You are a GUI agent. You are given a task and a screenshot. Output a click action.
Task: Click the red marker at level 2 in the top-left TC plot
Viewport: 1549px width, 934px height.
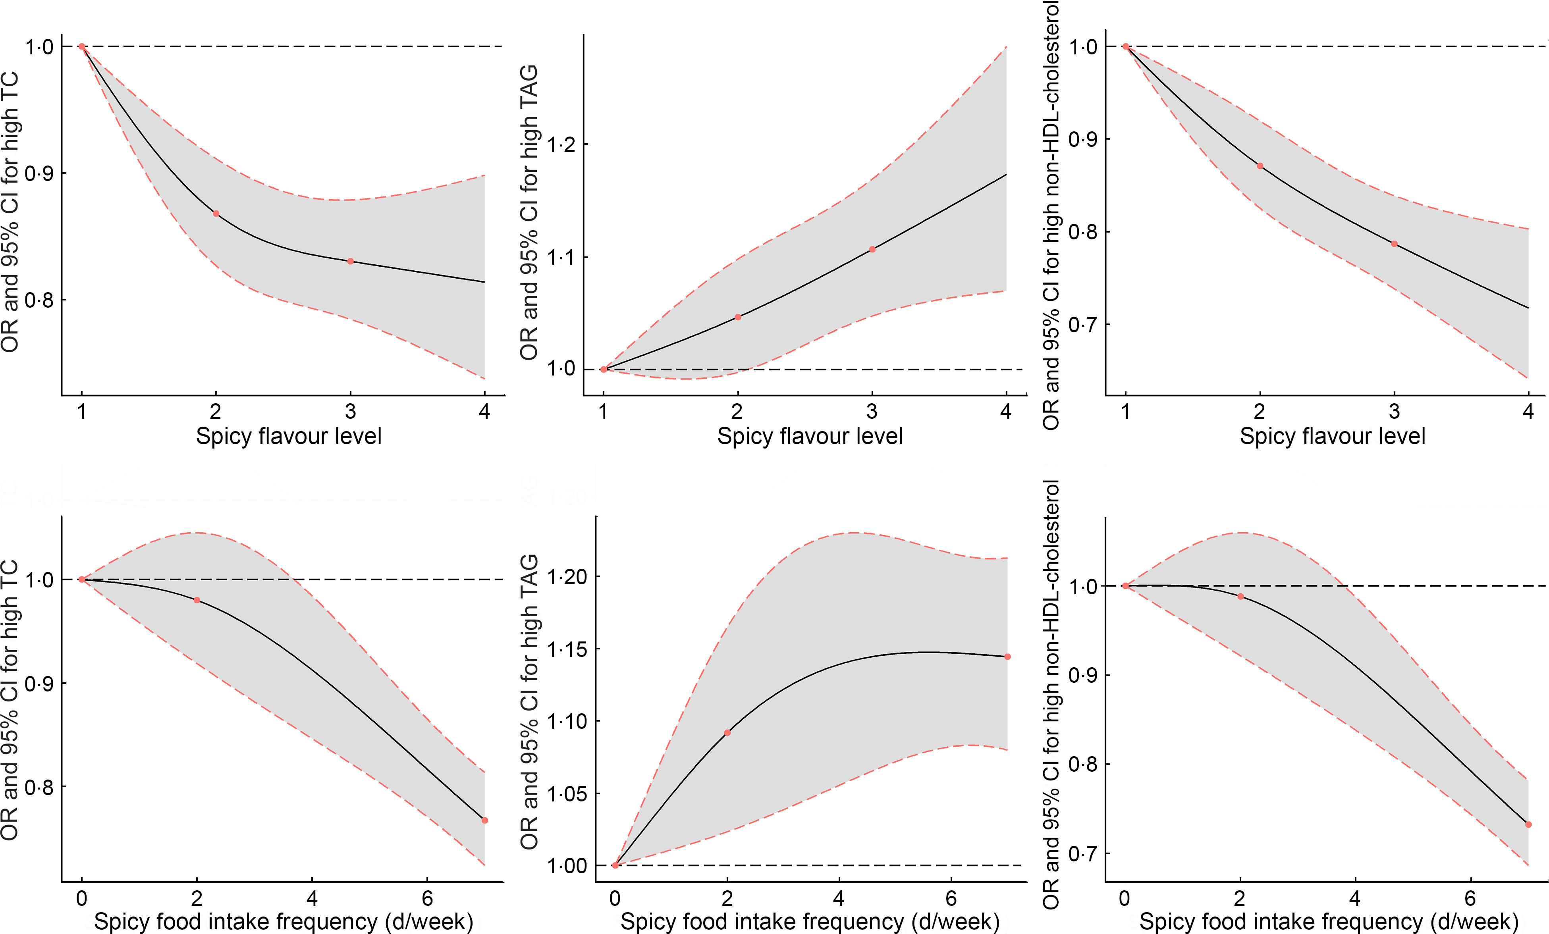[x=216, y=214]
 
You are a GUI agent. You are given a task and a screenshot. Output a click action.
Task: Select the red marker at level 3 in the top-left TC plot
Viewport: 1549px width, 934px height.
[x=350, y=262]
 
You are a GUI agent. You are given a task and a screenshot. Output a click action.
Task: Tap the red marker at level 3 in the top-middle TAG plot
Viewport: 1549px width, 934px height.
[x=872, y=250]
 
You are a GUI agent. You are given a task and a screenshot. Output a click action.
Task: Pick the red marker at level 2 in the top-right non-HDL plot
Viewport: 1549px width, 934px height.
[x=1260, y=166]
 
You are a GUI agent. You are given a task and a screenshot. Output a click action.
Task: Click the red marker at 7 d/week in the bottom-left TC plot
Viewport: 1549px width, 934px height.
[x=485, y=820]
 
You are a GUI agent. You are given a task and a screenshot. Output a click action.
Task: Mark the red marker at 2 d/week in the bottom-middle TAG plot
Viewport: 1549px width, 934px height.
[x=727, y=733]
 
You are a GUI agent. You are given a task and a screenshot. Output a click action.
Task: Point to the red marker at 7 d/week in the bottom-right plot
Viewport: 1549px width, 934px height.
[x=1528, y=824]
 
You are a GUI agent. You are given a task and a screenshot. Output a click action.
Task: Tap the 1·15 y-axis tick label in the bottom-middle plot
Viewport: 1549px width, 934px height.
[x=566, y=649]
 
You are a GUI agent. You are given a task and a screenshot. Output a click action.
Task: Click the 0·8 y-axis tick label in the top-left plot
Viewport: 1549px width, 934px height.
[x=39, y=300]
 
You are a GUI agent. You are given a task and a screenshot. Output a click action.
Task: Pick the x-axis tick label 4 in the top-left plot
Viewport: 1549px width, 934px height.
[x=484, y=412]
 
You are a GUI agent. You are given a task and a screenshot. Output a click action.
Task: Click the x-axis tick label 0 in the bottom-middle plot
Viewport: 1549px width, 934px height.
[x=615, y=898]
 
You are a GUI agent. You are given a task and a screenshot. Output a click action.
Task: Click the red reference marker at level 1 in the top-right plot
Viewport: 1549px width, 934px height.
[x=1125, y=46]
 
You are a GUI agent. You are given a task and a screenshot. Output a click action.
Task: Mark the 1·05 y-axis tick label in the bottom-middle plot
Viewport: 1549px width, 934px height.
[x=566, y=794]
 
